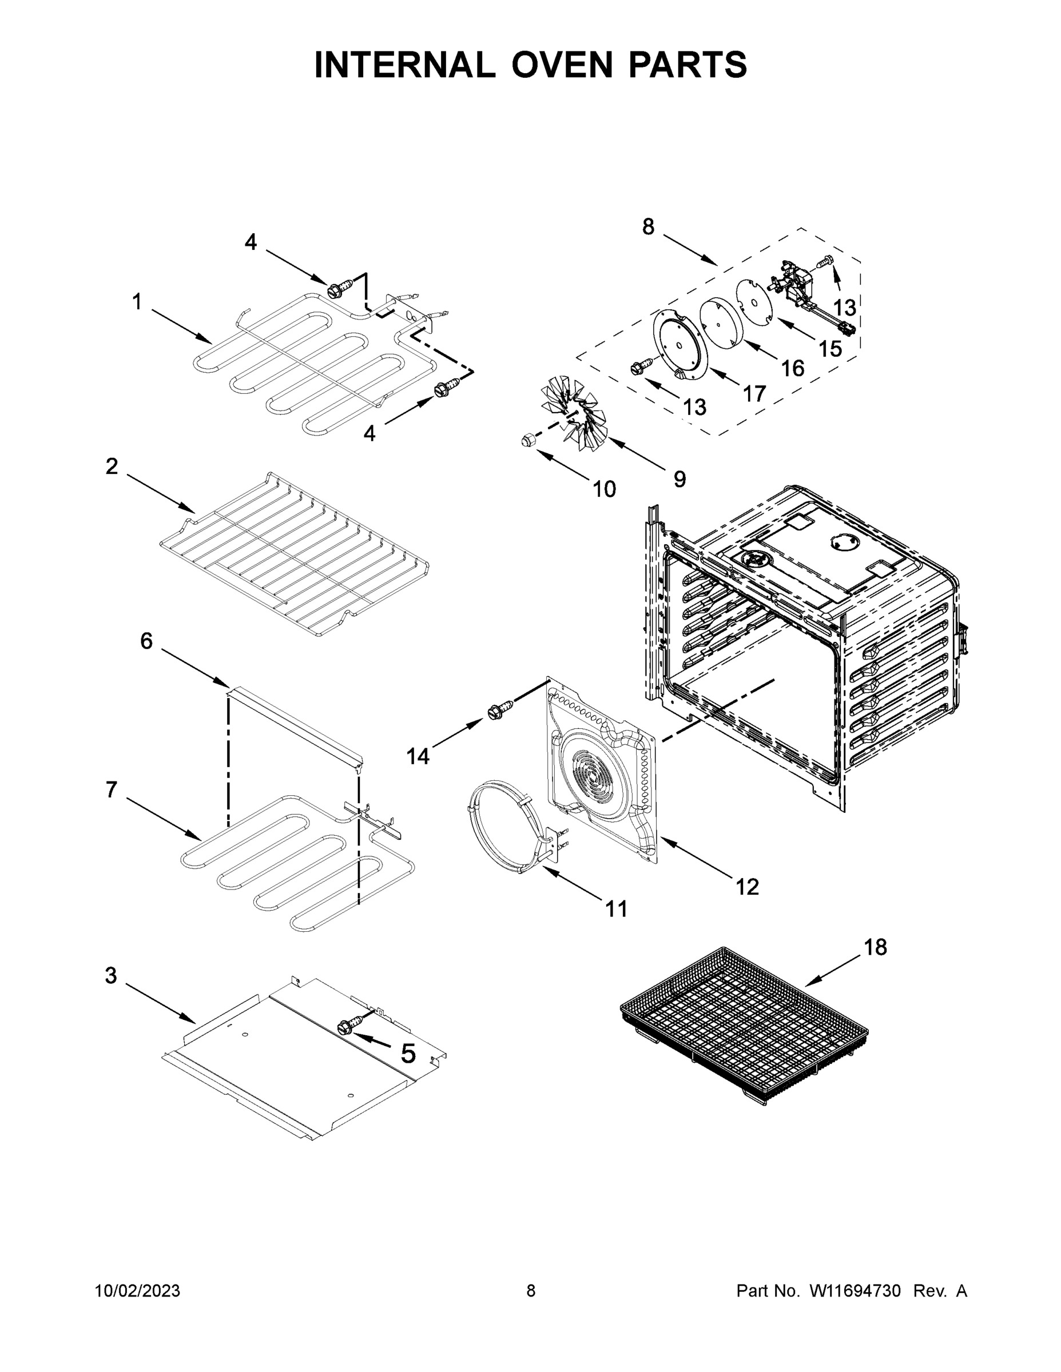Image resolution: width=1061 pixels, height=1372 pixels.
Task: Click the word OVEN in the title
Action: [x=561, y=65]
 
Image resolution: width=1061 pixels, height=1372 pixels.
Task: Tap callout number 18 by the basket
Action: [x=875, y=947]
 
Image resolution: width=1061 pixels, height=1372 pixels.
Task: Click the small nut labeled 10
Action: [x=528, y=440]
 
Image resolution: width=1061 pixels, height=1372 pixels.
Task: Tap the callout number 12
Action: [x=748, y=887]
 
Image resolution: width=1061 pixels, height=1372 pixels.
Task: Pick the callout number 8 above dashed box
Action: [x=648, y=227]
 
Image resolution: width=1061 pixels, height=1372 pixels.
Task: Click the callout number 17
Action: [x=754, y=394]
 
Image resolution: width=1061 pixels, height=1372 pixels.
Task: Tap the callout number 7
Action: [x=112, y=789]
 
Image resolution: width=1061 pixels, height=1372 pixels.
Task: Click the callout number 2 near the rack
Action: [x=112, y=466]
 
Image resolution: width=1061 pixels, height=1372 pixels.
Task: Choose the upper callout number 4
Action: [x=251, y=242]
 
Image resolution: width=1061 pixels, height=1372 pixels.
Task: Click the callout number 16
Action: [x=793, y=368]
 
